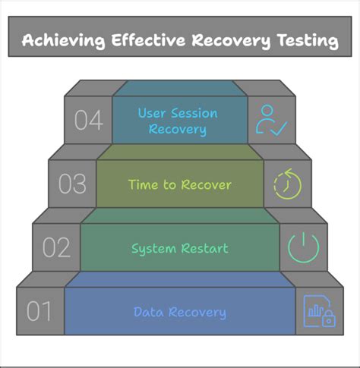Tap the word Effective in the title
click(144, 40)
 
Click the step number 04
click(88, 121)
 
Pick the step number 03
click(72, 184)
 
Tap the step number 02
click(56, 248)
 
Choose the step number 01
click(40, 312)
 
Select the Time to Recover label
click(179, 184)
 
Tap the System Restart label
click(179, 248)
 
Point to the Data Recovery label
click(179, 312)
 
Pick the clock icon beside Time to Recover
click(286, 184)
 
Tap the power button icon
click(302, 247)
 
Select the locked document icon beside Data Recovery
click(318, 311)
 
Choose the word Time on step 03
click(142, 184)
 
